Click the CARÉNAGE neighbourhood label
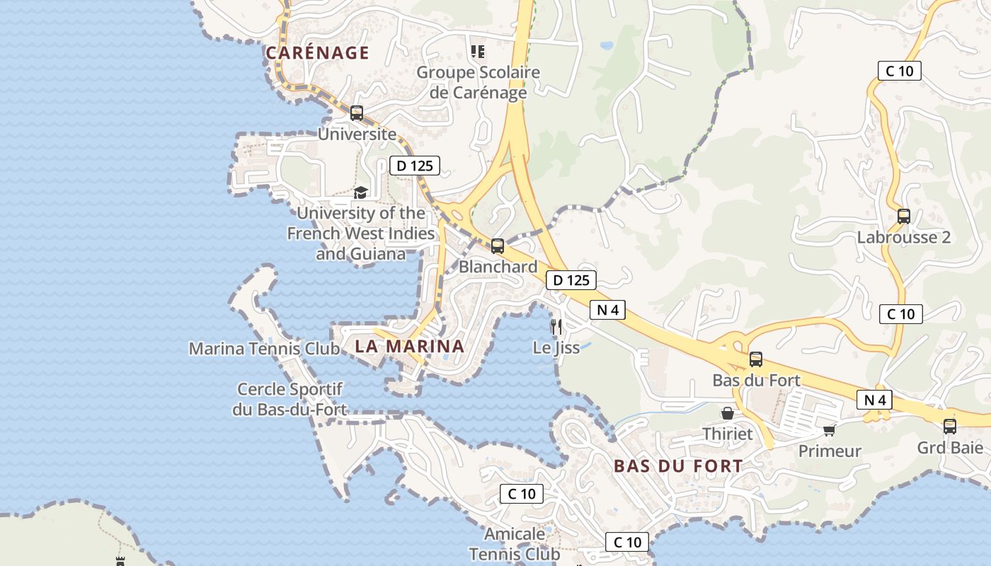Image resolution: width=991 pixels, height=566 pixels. click(x=317, y=53)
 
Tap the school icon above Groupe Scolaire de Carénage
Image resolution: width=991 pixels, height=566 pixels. click(x=478, y=52)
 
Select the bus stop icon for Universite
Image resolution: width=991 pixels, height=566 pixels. click(x=357, y=113)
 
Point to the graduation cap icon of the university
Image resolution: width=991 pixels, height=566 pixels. click(x=360, y=193)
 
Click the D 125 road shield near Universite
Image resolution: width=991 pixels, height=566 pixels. click(x=415, y=166)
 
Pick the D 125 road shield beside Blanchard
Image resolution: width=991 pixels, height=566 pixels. click(x=571, y=280)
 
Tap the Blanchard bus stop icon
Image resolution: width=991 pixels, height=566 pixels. click(x=498, y=246)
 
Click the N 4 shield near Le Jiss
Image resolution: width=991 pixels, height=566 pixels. click(x=608, y=310)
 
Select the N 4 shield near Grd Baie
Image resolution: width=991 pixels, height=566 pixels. click(x=875, y=400)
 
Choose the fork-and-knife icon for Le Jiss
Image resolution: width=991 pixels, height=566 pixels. click(x=556, y=326)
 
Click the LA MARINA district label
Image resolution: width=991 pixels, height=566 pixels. click(x=410, y=347)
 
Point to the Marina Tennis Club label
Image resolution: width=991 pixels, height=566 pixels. click(x=264, y=349)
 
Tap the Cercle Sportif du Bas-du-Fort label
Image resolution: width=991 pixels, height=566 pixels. click(x=290, y=399)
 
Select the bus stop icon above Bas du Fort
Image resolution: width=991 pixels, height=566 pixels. click(x=756, y=359)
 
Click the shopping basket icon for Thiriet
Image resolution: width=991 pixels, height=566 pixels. click(x=728, y=413)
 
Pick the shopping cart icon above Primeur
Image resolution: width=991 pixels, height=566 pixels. click(x=830, y=430)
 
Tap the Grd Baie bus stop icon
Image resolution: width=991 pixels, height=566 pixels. click(x=950, y=427)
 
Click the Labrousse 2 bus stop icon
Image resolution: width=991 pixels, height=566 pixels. click(x=904, y=216)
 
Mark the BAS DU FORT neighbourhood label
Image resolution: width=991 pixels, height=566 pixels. click(x=678, y=467)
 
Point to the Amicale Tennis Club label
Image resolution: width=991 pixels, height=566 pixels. click(x=515, y=543)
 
